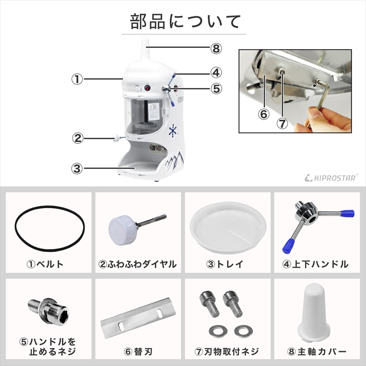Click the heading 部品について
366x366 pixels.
[185, 21]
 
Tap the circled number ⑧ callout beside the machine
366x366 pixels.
[216, 49]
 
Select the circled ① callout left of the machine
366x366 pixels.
[77, 79]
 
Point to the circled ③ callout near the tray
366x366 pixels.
[77, 168]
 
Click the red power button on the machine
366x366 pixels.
[147, 88]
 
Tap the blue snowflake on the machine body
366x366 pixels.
[173, 130]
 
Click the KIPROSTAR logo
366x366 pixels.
[331, 178]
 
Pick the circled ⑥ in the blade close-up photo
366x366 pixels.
[263, 114]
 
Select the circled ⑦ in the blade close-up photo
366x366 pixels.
[282, 123]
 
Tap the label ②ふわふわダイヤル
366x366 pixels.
[137, 264]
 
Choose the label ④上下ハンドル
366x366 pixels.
[316, 264]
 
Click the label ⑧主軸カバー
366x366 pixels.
[317, 352]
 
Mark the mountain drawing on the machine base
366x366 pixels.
[175, 161]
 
